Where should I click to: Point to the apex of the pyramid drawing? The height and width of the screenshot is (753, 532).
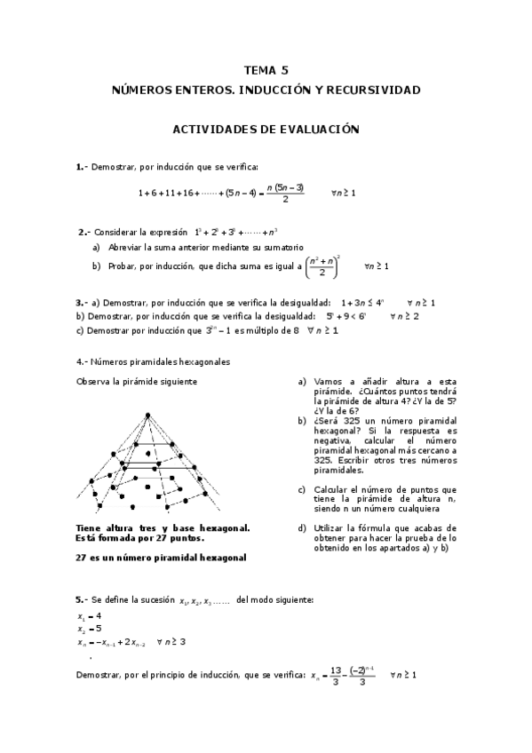[147, 413]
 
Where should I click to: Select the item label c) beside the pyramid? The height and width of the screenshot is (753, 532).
[303, 489]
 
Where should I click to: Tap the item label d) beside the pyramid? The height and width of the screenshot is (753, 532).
[303, 527]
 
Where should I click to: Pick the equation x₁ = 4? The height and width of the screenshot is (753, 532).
[89, 614]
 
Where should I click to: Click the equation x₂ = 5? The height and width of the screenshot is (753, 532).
[89, 627]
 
